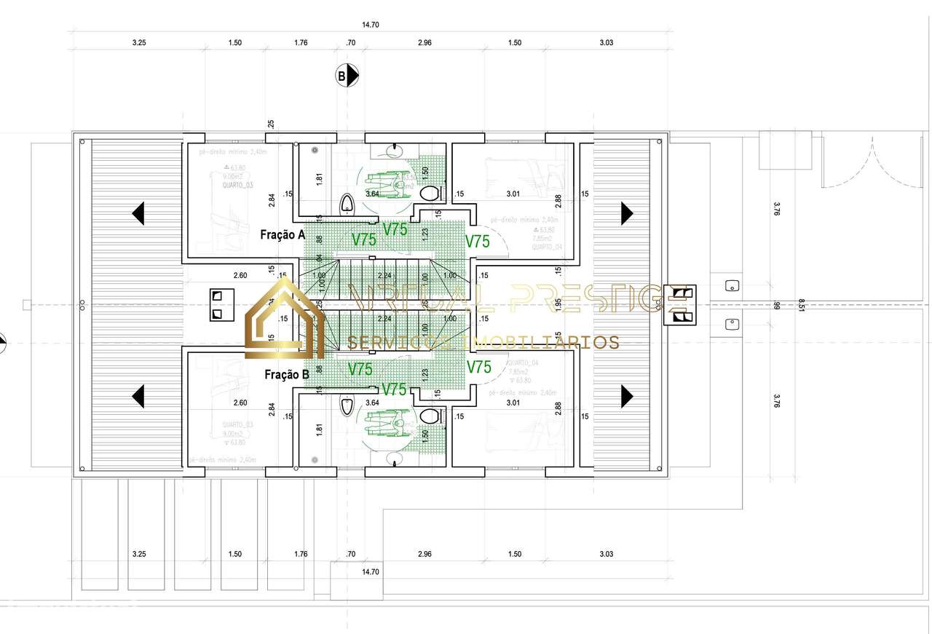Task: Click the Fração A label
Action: tap(283, 235)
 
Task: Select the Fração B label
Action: tap(285, 375)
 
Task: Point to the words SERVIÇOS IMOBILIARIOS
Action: tap(483, 342)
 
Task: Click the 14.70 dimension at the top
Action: tap(371, 25)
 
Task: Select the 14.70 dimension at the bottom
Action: tap(371, 572)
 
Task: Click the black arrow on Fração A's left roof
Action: tap(138, 213)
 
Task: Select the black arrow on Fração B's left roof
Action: tap(138, 396)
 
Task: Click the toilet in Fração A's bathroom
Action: tap(430, 194)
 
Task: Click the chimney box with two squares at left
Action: tap(217, 304)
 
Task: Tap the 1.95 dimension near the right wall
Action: tap(558, 306)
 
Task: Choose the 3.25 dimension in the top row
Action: tap(139, 43)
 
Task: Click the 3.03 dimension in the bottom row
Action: tap(606, 554)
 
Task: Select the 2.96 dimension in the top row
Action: tap(424, 43)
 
